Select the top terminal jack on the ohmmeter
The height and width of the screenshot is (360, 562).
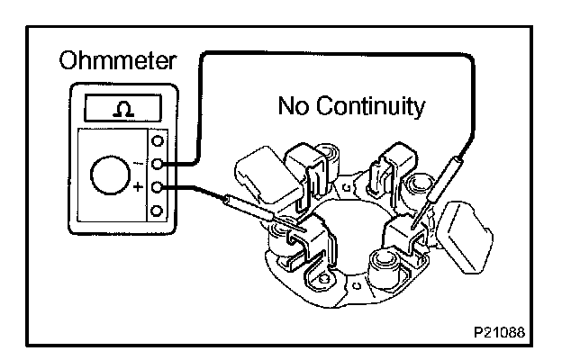159,141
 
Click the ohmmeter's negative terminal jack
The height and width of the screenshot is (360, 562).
159,165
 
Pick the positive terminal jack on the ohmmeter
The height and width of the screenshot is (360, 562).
159,188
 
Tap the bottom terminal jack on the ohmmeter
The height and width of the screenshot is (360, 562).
159,211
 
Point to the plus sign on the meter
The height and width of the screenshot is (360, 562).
139,189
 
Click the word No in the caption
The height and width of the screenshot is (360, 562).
295,108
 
